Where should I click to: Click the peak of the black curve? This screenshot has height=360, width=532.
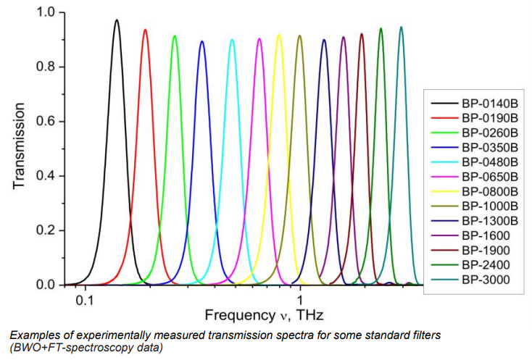[116, 20]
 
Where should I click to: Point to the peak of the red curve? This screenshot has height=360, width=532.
[145, 30]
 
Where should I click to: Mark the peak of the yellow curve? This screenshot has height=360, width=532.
[279, 35]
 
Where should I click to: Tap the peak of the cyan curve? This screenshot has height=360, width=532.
[232, 40]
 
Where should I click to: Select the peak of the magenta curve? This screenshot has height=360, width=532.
[259, 39]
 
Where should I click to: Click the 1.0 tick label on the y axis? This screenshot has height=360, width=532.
[45, 12]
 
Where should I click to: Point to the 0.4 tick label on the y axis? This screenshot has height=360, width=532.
[45, 176]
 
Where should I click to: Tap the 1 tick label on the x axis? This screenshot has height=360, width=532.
[299, 298]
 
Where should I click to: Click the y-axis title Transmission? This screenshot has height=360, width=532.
[20, 149]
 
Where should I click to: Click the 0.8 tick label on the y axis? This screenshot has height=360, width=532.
[45, 67]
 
